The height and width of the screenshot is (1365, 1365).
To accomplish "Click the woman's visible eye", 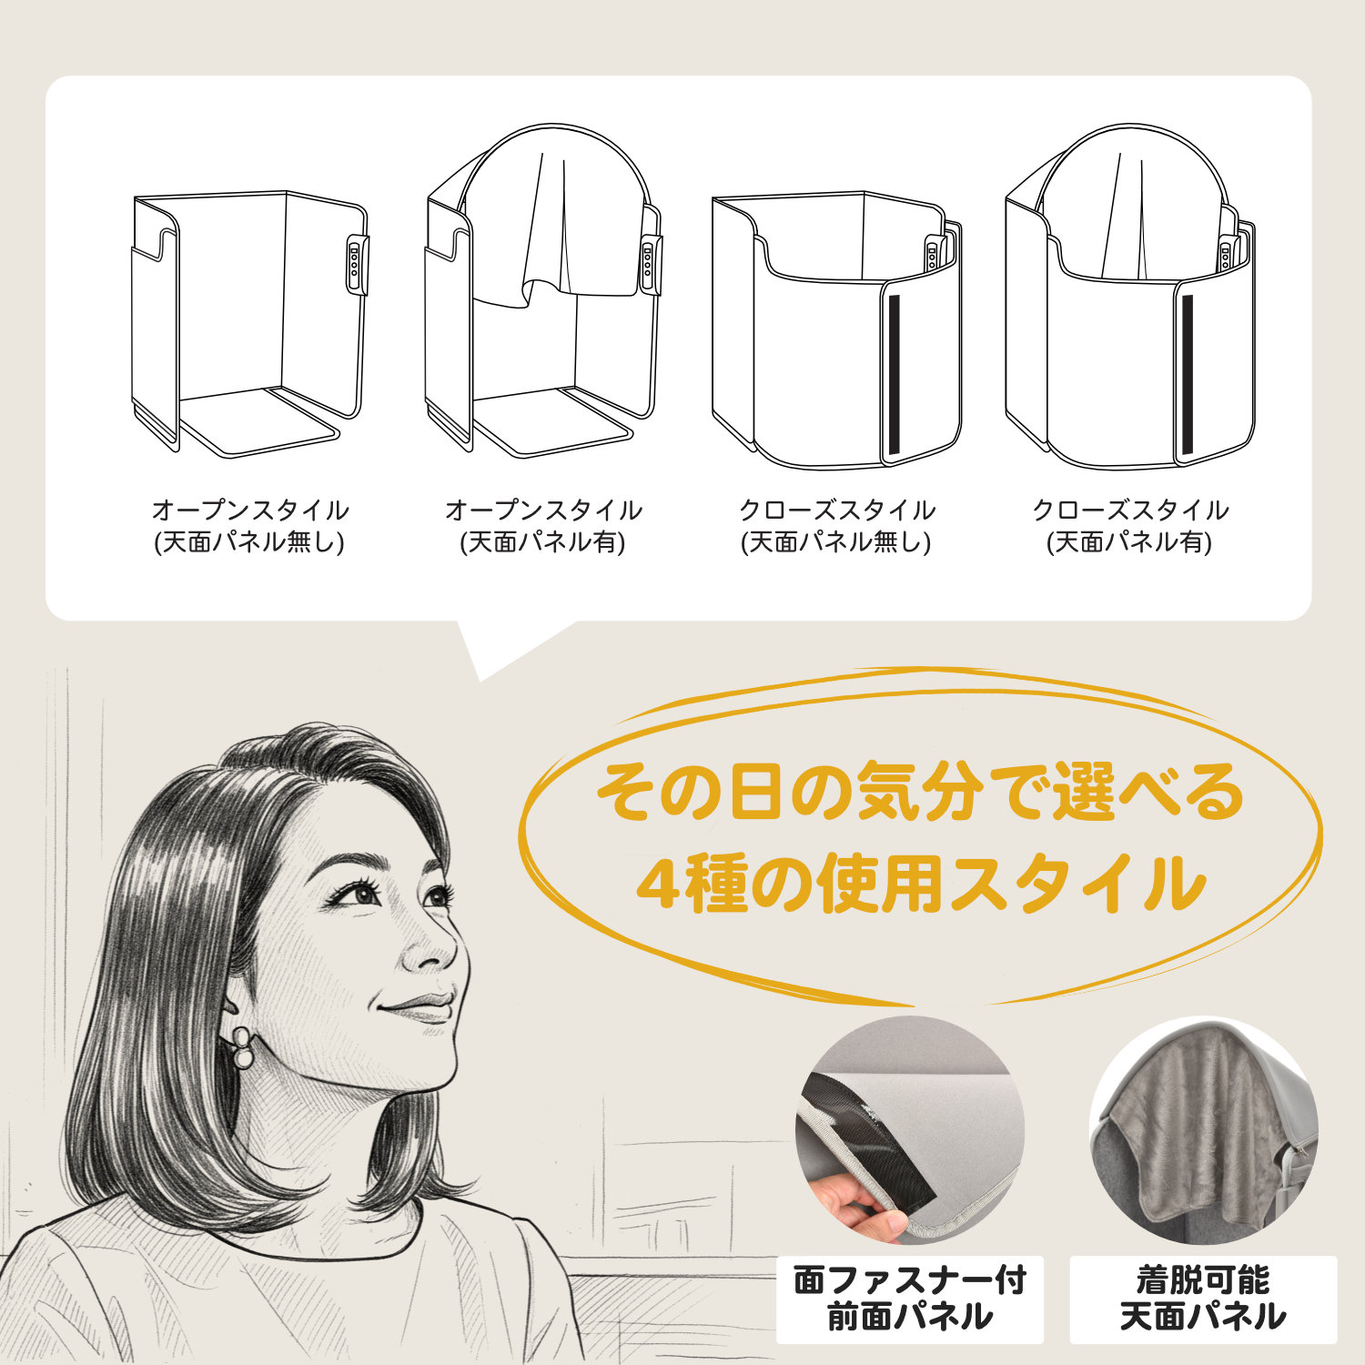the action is pyautogui.click(x=365, y=894).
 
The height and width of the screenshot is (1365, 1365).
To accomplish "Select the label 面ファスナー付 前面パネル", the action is pyautogui.click(x=909, y=1299).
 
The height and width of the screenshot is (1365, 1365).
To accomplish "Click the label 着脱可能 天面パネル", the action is pyautogui.click(x=1203, y=1299).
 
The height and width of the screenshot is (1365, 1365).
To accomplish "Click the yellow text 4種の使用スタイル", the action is pyautogui.click(x=920, y=883).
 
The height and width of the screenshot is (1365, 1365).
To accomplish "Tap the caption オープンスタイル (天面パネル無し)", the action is pyautogui.click(x=250, y=526).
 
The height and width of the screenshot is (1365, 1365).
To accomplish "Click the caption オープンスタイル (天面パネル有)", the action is pyautogui.click(x=543, y=526).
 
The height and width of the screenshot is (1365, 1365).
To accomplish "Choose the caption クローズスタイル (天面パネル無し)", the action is pyautogui.click(x=837, y=526).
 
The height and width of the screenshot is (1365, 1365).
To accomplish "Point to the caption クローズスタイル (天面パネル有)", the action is pyautogui.click(x=1130, y=526).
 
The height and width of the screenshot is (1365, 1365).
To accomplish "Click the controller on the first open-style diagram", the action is pyautogui.click(x=358, y=265).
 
